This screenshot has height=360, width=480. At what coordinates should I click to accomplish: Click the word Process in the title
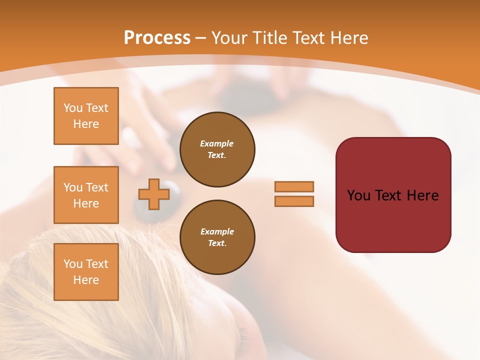coord(157,37)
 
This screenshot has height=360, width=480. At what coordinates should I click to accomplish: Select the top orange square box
coord(86,116)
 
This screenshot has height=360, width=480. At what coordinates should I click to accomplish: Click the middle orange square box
coord(86,195)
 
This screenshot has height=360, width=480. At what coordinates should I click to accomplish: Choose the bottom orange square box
coord(86,272)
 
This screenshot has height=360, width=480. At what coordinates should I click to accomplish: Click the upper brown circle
coord(217,149)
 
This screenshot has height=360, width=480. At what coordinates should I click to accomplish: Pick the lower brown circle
coord(217,237)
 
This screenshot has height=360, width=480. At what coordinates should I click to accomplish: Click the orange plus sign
coord(153,194)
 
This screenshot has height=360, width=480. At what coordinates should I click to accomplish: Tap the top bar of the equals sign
coord(294,186)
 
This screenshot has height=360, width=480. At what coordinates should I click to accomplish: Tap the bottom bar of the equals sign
coord(294,201)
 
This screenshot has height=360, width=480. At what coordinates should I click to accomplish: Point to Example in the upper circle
coord(216,143)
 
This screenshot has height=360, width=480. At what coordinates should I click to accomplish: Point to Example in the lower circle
coord(217,231)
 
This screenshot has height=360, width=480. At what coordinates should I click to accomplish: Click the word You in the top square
coord(73,108)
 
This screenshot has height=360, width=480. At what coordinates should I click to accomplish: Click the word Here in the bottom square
coord(86,280)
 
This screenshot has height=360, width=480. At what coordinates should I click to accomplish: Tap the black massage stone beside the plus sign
coord(173,190)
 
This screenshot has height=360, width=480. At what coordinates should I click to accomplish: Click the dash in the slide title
coord(201,37)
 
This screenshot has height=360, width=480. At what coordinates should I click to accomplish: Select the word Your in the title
coord(230,37)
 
